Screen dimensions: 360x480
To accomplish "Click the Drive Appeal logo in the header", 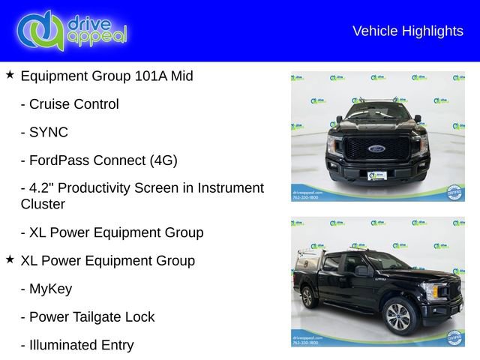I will pyautogui.click(x=71, y=30).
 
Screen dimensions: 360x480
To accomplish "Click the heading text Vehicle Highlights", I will pyautogui.click(x=407, y=31).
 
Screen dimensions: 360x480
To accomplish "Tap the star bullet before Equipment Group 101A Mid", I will pyautogui.click(x=10, y=75).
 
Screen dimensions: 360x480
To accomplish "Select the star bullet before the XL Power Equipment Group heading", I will pyautogui.click(x=10, y=259).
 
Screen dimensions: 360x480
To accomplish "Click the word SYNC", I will pyautogui.click(x=49, y=132).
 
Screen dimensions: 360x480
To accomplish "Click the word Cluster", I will pyautogui.click(x=43, y=204).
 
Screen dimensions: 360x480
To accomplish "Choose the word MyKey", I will pyautogui.click(x=51, y=289).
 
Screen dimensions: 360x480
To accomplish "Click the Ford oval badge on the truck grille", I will pyautogui.click(x=377, y=148).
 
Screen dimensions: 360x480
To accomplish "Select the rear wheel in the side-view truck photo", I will pyautogui.click(x=307, y=297).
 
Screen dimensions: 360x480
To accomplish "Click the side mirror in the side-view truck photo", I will pyautogui.click(x=361, y=270).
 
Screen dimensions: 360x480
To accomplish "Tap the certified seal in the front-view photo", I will pyautogui.click(x=453, y=191).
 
